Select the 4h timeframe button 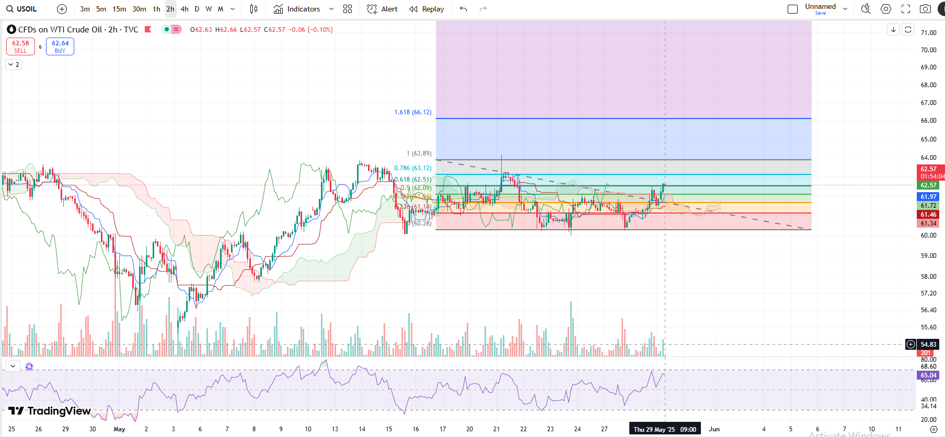pos(185,9)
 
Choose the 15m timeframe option pos(119,9)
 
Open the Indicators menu pos(297,9)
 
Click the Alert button pos(383,9)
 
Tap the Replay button pos(427,9)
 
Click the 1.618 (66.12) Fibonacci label pos(413,112)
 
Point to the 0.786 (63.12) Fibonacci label pos(413,168)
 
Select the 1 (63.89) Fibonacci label pos(419,153)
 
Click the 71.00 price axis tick pos(928,32)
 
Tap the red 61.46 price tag pos(928,215)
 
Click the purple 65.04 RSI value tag pos(928,375)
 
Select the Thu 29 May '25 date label pos(664,429)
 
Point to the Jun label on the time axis pos(714,429)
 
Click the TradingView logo pos(50,411)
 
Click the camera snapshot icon pos(925,9)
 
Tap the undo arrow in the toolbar pos(463,9)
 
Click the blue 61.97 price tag pos(928,197)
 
